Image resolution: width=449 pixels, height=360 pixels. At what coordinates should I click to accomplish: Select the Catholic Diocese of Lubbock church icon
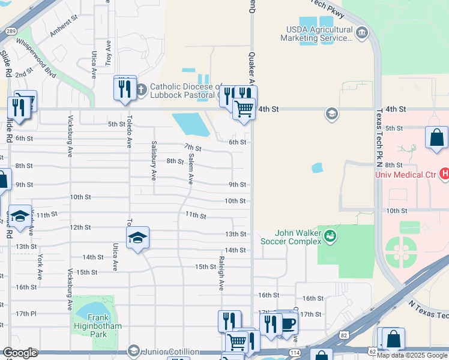click(x=141, y=90)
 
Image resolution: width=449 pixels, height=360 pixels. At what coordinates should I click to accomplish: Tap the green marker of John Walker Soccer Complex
click(x=330, y=237)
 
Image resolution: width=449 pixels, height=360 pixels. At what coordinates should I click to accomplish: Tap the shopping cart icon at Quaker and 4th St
click(x=243, y=109)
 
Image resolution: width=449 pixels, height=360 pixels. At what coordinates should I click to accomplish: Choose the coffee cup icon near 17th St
click(x=288, y=324)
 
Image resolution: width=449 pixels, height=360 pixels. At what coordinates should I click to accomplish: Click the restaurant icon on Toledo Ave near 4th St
click(x=124, y=88)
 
